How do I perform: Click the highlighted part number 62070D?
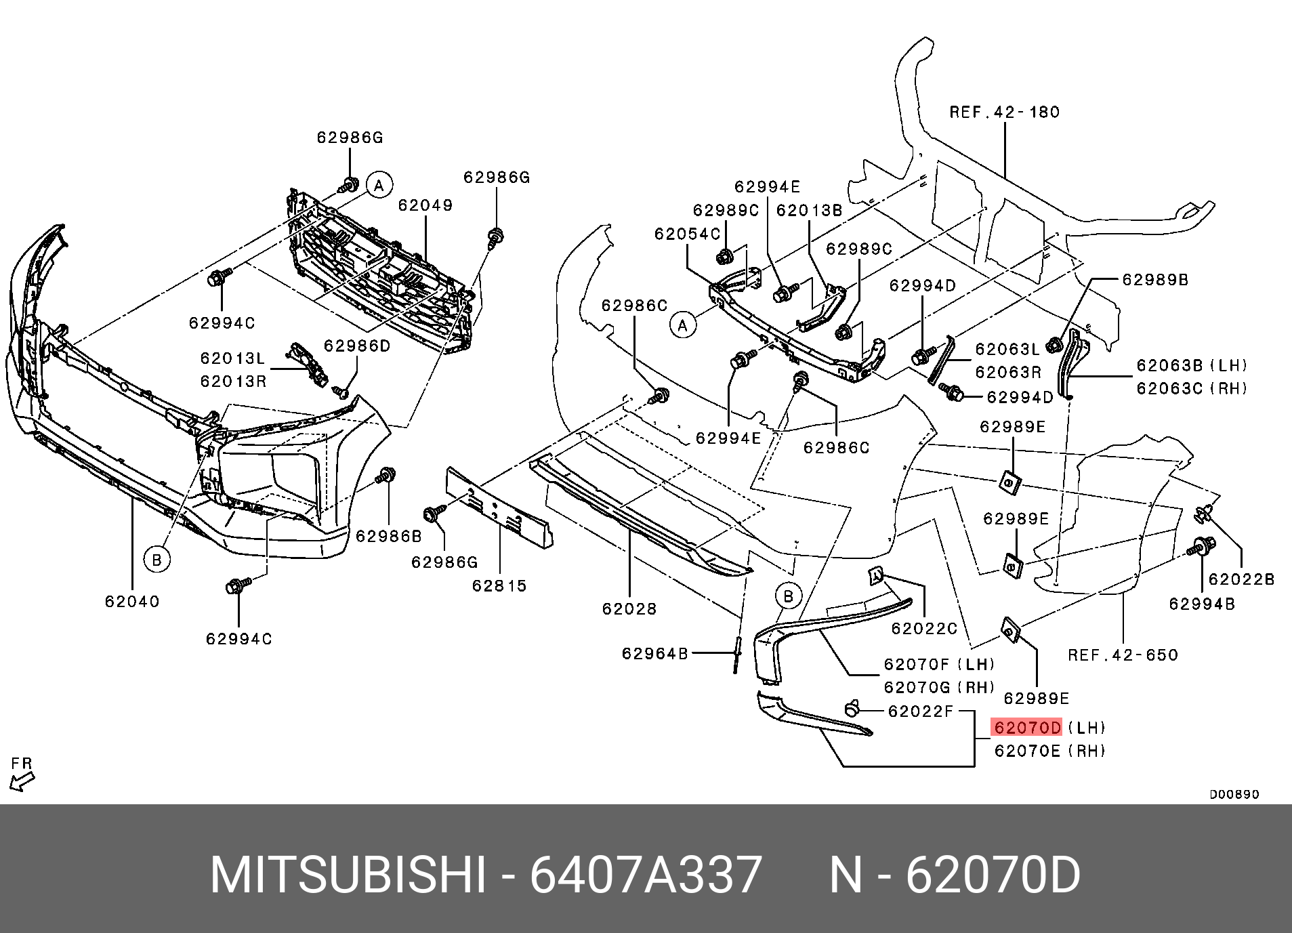1026,728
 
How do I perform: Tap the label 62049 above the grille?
425,205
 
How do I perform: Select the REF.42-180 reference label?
1004,112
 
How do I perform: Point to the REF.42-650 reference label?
1123,655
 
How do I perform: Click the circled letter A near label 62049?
379,184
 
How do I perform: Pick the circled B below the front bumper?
157,560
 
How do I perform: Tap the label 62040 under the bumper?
132,602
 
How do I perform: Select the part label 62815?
499,585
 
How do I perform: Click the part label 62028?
629,608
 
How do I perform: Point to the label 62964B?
654,653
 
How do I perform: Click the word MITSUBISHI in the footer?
348,876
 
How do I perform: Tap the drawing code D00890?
1234,794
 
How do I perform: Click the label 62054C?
687,234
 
